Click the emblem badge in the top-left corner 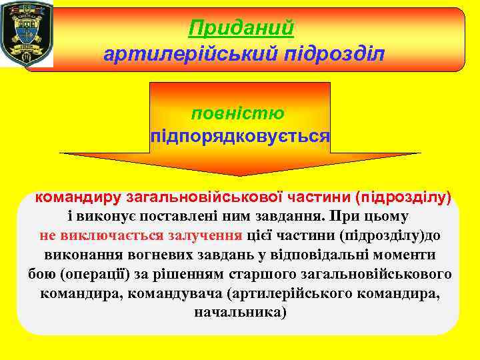coord(27,35)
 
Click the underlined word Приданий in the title coord(241,28)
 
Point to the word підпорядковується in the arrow coord(240,136)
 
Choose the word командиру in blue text coord(77,197)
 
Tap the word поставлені coord(184,217)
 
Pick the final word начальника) coord(240,312)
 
